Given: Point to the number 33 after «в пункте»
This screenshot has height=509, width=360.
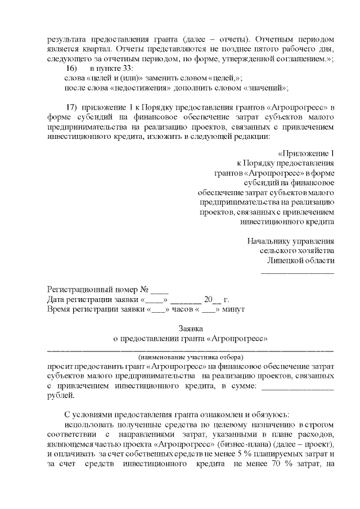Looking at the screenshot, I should (x=125, y=68).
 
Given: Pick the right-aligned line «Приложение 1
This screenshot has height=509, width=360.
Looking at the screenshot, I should (x=306, y=154).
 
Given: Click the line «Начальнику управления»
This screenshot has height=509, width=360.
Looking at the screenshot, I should (x=290, y=241).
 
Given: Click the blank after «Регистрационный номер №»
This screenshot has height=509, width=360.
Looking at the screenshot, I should (x=160, y=290).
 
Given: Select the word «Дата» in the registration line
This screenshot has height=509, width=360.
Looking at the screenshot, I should (x=56, y=300).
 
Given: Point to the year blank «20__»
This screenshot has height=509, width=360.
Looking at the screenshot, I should (x=213, y=300).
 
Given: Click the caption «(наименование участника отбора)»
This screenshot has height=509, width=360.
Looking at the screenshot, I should (x=190, y=357).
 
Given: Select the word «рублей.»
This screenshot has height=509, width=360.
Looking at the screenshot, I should (x=60, y=395).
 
